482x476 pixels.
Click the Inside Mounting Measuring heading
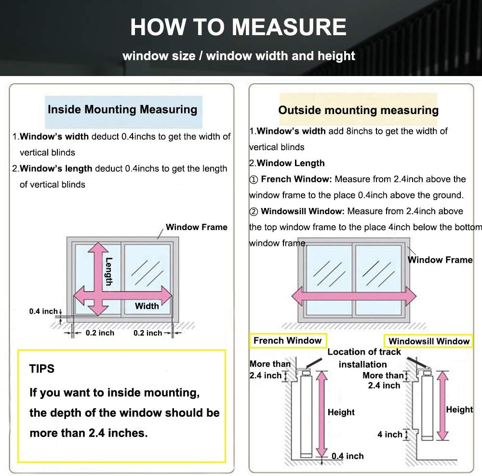click(x=122, y=109)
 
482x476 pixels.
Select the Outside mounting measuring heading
click(x=358, y=110)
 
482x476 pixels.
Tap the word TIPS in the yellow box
click(x=42, y=369)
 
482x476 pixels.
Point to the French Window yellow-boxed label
click(x=287, y=340)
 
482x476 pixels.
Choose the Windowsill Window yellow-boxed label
click(x=429, y=341)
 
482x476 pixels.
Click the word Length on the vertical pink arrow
click(x=109, y=271)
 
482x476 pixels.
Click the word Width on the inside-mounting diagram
click(x=147, y=306)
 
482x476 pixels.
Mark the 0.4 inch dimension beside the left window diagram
click(x=43, y=311)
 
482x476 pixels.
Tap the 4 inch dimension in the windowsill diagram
click(x=390, y=434)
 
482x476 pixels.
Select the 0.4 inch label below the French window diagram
click(x=348, y=456)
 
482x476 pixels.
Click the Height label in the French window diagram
click(x=341, y=412)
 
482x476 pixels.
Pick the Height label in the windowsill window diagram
click(x=459, y=410)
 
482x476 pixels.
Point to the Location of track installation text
click(x=364, y=358)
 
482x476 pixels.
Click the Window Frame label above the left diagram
click(x=197, y=227)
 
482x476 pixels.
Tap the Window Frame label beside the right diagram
click(x=440, y=260)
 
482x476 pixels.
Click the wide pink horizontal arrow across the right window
click(x=354, y=296)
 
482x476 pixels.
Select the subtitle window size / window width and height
click(x=239, y=55)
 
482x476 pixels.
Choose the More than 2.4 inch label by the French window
click(x=270, y=370)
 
